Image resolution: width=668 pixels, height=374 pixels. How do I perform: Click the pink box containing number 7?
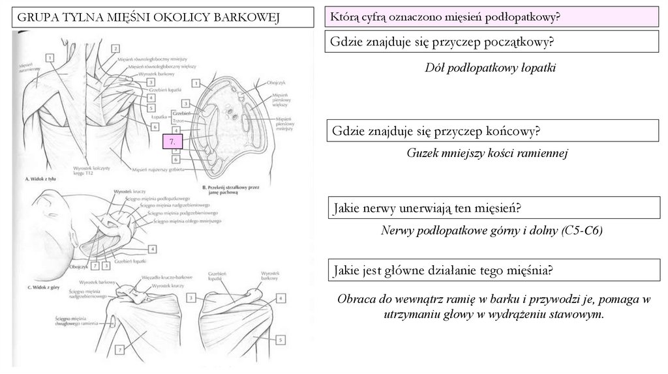tap(172, 141)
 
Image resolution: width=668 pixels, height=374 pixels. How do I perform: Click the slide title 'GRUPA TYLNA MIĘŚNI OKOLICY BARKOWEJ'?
tap(147, 17)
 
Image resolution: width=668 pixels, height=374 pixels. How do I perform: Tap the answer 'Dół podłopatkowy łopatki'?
tap(489, 68)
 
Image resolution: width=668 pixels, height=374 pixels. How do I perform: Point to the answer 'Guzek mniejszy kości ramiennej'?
tap(488, 154)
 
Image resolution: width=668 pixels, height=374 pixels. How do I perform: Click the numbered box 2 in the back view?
tap(115, 48)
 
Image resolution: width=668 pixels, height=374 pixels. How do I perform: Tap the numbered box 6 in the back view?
tap(156, 126)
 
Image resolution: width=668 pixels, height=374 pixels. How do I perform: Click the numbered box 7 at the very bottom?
tap(121, 351)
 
